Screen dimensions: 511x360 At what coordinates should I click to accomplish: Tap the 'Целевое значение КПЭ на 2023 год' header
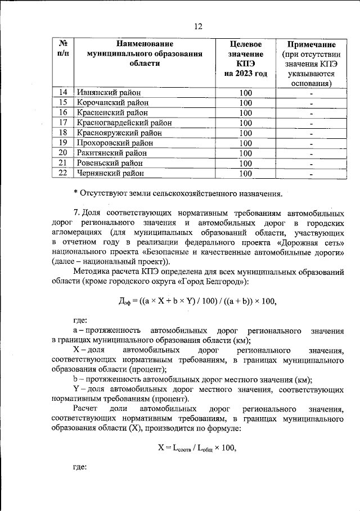[x=245, y=58]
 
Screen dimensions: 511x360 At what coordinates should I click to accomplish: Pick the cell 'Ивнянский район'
[x=108, y=93]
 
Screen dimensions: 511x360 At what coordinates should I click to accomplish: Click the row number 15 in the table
[x=63, y=103]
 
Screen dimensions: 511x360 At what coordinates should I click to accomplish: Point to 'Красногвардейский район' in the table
[x=124, y=123]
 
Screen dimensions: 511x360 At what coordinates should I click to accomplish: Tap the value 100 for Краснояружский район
[x=245, y=133]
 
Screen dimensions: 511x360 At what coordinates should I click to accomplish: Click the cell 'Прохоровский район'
[x=114, y=143]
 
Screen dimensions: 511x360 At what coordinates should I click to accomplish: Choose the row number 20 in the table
[x=63, y=153]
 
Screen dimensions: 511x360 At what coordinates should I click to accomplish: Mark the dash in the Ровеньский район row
[x=310, y=164]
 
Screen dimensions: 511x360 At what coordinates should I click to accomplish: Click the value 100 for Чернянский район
[x=245, y=174]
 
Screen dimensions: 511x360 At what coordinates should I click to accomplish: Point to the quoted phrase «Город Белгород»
[x=214, y=281]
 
